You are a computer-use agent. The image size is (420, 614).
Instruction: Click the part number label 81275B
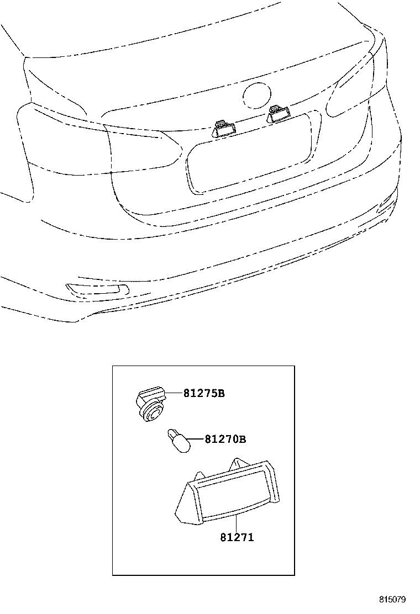[x=204, y=393]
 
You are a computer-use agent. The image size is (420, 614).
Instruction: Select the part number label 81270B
[x=225, y=440]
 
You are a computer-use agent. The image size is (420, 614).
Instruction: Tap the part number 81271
[x=237, y=537]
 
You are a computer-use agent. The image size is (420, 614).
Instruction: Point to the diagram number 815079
[x=392, y=600]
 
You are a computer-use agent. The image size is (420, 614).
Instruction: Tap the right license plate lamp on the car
[x=277, y=114]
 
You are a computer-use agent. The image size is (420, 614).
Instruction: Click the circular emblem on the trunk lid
[x=257, y=95]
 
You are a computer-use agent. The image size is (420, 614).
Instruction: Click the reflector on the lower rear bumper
[x=98, y=290]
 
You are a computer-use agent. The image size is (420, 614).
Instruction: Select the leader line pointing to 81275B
[x=174, y=393]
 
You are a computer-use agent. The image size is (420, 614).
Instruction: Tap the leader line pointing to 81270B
[x=197, y=440]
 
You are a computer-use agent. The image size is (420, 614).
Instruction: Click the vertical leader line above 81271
[x=237, y=523]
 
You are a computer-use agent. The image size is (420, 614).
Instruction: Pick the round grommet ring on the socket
[x=151, y=412]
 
